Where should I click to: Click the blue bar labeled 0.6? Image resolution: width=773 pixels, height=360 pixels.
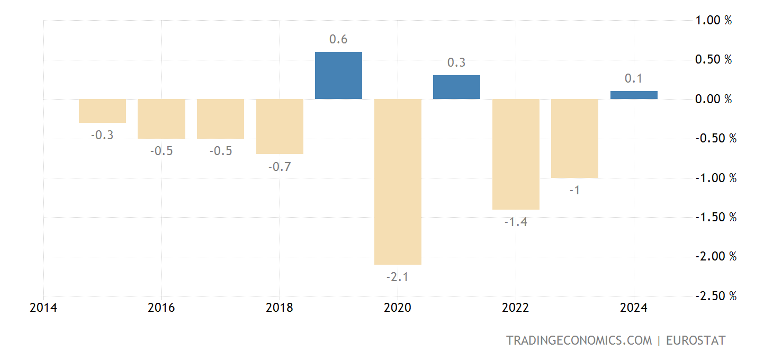click(x=338, y=75)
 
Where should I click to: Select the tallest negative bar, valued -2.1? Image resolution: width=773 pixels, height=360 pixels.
click(x=398, y=182)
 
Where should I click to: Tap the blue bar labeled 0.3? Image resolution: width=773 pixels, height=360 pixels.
click(x=456, y=87)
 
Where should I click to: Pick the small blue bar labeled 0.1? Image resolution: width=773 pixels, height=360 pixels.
click(x=634, y=95)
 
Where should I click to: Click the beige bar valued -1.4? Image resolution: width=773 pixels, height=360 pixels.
click(x=516, y=154)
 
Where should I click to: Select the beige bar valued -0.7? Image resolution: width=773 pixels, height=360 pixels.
click(x=280, y=127)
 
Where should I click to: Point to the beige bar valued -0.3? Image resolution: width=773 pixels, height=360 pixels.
click(x=102, y=111)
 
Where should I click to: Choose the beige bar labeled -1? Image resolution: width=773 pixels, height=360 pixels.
click(x=574, y=138)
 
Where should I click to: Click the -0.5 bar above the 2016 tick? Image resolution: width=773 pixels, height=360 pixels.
click(x=161, y=119)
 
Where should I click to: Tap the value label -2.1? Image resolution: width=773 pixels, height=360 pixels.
click(x=398, y=277)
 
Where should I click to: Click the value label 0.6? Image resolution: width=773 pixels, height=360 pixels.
click(x=338, y=40)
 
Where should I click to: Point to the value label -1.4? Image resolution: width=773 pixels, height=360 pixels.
click(x=516, y=222)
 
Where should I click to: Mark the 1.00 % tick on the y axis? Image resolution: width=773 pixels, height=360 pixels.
click(x=713, y=21)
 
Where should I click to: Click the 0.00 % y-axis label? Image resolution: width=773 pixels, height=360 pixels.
click(x=713, y=99)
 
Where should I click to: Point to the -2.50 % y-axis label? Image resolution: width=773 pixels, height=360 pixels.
click(x=715, y=296)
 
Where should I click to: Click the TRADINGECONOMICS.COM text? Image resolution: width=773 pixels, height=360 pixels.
click(x=579, y=340)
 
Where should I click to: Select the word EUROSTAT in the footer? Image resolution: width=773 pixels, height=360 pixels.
click(x=695, y=340)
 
